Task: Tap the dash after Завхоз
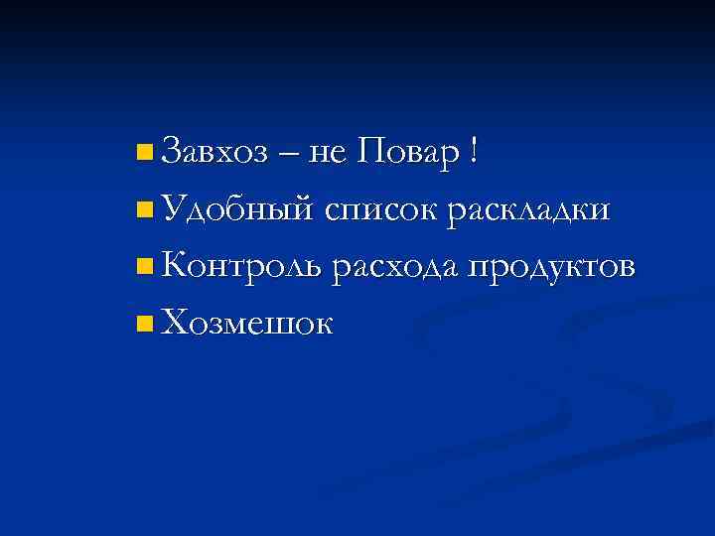tap(289, 155)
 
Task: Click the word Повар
tap(410, 153)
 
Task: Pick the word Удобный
tap(237, 210)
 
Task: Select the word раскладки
tap(528, 210)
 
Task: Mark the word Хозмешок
tap(247, 322)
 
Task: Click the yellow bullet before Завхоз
tap(146, 153)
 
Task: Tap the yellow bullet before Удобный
tap(146, 209)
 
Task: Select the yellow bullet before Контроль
tap(146, 266)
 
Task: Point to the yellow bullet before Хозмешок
tap(146, 323)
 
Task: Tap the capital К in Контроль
tap(174, 265)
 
